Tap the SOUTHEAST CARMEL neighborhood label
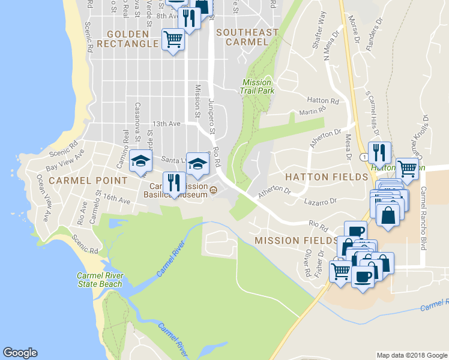coord(247,37)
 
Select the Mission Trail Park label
coord(258,86)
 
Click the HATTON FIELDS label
coord(326,177)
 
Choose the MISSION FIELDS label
coord(295,240)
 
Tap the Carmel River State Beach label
coord(100,280)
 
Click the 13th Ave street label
coord(166,124)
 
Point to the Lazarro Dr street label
coord(318,204)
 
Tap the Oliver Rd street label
coord(307,263)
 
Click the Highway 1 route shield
coord(363,157)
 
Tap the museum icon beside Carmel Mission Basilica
coord(214,191)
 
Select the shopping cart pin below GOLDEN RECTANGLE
coord(173,40)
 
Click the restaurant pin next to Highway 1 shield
coord(380,152)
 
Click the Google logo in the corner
coord(20,353)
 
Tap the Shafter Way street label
coord(318,24)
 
